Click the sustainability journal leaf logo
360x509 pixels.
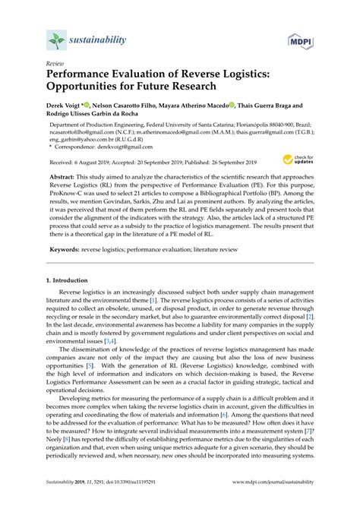tap(54, 40)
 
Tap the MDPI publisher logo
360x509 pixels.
tap(299, 39)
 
